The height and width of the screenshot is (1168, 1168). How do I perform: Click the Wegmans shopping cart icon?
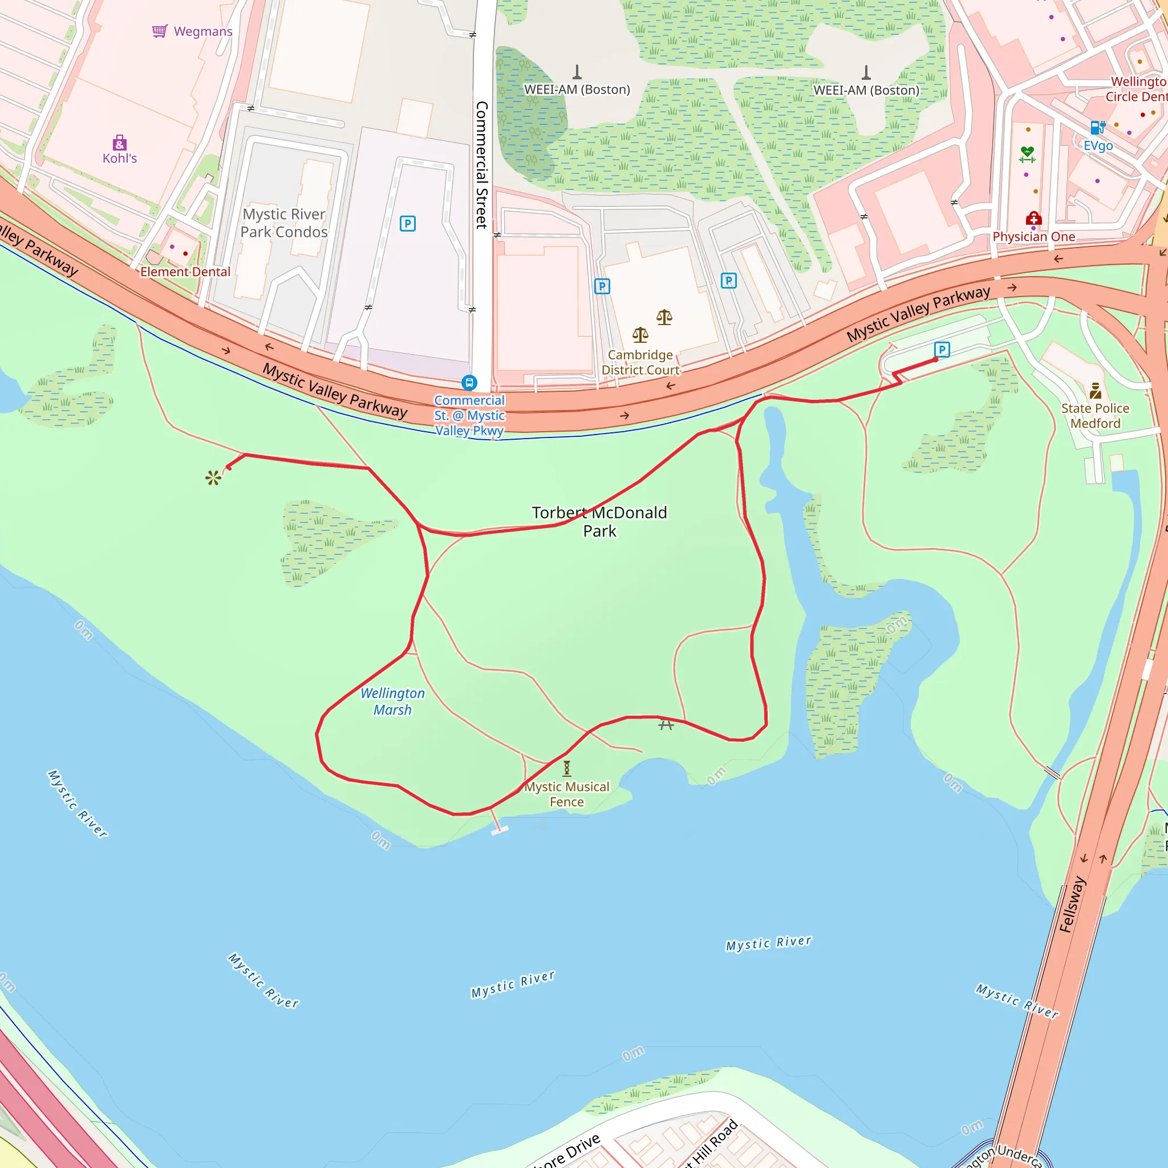click(160, 31)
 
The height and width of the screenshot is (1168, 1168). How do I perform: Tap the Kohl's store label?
click(120, 159)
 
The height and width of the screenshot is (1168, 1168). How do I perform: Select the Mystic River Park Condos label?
click(284, 223)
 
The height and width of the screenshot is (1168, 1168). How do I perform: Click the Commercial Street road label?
click(482, 164)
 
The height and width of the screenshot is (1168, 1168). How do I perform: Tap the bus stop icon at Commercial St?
click(469, 383)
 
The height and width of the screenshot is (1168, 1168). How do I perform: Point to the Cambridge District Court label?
click(640, 362)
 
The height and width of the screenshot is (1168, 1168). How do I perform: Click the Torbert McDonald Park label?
click(599, 522)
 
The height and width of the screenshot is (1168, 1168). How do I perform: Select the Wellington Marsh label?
click(392, 701)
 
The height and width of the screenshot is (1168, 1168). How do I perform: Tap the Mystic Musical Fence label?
click(566, 794)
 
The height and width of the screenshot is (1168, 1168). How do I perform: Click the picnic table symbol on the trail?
click(666, 724)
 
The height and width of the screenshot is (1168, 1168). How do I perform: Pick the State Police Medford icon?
click(1096, 391)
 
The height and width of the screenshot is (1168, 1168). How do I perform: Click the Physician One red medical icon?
click(1033, 218)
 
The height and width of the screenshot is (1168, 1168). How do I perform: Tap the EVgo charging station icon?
click(1098, 127)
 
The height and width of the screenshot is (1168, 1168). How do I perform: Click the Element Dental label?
click(185, 272)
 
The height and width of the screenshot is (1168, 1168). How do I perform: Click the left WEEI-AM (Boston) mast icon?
click(577, 72)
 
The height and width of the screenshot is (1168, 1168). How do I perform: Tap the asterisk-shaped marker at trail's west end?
click(213, 478)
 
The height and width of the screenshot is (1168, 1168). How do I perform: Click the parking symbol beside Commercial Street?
click(407, 224)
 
